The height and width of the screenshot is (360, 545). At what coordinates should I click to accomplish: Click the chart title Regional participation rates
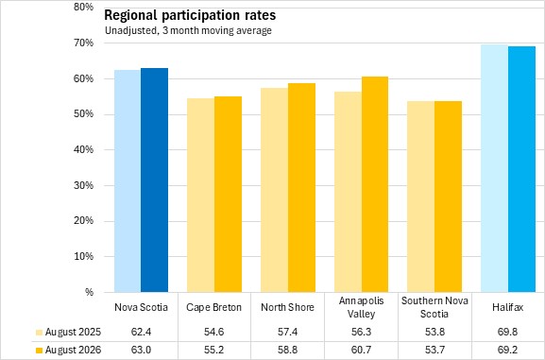pyautogui.click(x=190, y=15)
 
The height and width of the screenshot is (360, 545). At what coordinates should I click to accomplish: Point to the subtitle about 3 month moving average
pyautogui.click(x=188, y=30)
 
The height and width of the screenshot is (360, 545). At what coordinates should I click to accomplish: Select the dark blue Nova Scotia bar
pyautogui.click(x=154, y=180)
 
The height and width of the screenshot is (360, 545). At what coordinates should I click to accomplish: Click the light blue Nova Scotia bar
pyautogui.click(x=128, y=180)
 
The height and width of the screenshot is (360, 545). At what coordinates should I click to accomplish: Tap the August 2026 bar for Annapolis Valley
pyautogui.click(x=375, y=184)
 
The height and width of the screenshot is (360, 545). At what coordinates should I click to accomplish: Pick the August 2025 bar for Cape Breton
pyautogui.click(x=200, y=196)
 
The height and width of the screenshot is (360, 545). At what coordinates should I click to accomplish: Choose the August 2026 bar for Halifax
pyautogui.click(x=521, y=169)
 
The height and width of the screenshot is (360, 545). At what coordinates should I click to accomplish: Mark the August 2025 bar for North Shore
pyautogui.click(x=274, y=190)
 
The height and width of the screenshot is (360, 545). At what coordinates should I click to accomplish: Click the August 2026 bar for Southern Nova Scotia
pyautogui.click(x=448, y=197)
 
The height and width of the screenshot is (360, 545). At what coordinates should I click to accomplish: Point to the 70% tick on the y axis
pyautogui.click(x=83, y=43)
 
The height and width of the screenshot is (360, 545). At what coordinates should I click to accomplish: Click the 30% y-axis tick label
pyautogui.click(x=83, y=185)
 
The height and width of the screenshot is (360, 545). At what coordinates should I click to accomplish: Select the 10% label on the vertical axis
pyautogui.click(x=83, y=256)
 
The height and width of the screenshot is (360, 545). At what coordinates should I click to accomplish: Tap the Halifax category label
pyautogui.click(x=507, y=307)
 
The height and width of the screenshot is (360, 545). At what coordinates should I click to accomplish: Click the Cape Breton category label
pyautogui.click(x=213, y=307)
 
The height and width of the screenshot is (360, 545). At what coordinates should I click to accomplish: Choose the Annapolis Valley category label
pyautogui.click(x=361, y=307)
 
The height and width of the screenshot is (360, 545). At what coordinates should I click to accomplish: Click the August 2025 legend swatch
pyautogui.click(x=40, y=333)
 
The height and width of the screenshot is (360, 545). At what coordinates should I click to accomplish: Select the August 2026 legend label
pyautogui.click(x=73, y=350)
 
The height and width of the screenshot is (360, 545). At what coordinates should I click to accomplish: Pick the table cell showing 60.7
pyautogui.click(x=361, y=350)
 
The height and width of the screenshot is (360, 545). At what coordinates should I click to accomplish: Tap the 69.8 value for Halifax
pyautogui.click(x=507, y=332)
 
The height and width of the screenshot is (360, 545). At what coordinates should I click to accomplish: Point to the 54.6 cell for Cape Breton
pyautogui.click(x=213, y=332)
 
